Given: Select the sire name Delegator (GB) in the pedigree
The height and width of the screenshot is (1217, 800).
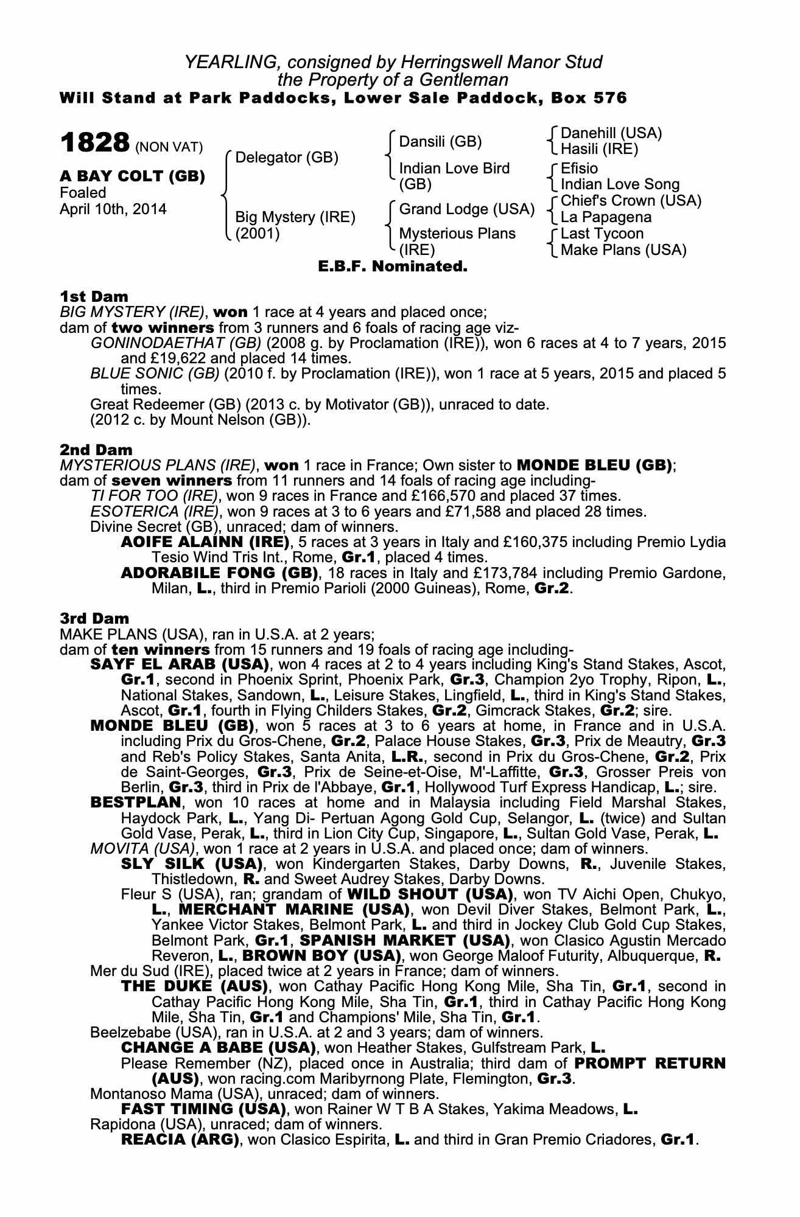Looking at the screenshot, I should click(x=286, y=158).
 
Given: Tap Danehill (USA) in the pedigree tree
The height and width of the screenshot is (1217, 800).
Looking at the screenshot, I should click(x=611, y=133).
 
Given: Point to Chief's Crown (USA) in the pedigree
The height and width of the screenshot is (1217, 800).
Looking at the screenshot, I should click(x=631, y=201).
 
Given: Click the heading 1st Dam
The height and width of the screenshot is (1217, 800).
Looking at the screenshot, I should click(x=94, y=296).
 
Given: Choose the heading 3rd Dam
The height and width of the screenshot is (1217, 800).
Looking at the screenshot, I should click(x=94, y=618).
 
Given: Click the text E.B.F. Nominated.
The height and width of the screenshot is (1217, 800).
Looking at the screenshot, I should click(x=393, y=266).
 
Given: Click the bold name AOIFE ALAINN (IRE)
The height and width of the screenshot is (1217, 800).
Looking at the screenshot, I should click(x=205, y=542).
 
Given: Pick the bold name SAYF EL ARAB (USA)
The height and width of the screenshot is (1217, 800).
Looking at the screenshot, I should click(x=179, y=663).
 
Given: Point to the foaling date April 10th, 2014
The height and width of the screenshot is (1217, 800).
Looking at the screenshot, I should click(x=113, y=209).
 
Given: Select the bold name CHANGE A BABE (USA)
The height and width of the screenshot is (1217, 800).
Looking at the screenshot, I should click(x=218, y=1048).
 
